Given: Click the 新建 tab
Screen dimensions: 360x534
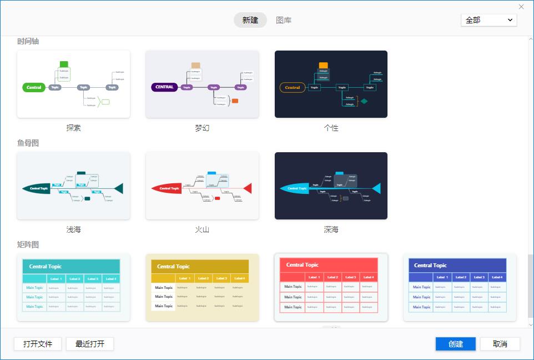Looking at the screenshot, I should (x=250, y=20).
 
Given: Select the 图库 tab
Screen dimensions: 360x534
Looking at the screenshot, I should (x=284, y=20).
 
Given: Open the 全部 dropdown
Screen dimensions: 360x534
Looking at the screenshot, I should (x=488, y=20).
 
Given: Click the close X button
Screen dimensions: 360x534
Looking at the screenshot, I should (x=521, y=7).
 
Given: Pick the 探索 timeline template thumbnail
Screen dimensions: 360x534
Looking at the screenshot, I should (x=74, y=84).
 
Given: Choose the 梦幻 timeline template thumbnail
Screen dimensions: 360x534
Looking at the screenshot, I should (x=202, y=84).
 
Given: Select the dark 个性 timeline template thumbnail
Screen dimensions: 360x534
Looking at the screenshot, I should (x=331, y=84).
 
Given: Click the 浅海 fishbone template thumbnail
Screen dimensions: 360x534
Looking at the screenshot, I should (x=74, y=186).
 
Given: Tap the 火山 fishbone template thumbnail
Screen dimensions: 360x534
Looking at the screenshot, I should (x=202, y=186).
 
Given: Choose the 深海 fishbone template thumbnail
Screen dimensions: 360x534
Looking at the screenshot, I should (x=331, y=186).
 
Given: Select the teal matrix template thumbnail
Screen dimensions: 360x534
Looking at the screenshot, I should (x=74, y=287).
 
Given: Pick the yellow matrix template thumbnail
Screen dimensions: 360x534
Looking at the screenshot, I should (x=202, y=287).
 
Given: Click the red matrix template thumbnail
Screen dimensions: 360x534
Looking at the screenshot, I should (x=331, y=287).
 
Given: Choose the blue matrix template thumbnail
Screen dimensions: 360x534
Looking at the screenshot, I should (x=460, y=287).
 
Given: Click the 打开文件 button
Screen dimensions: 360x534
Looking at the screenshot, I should (x=38, y=344).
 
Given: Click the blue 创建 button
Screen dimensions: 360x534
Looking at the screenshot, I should (x=455, y=344).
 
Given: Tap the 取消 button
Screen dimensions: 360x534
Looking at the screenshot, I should (x=500, y=344).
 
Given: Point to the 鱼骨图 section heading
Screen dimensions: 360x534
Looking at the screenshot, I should (x=28, y=143).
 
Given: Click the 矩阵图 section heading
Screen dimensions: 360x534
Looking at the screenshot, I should (x=28, y=244).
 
